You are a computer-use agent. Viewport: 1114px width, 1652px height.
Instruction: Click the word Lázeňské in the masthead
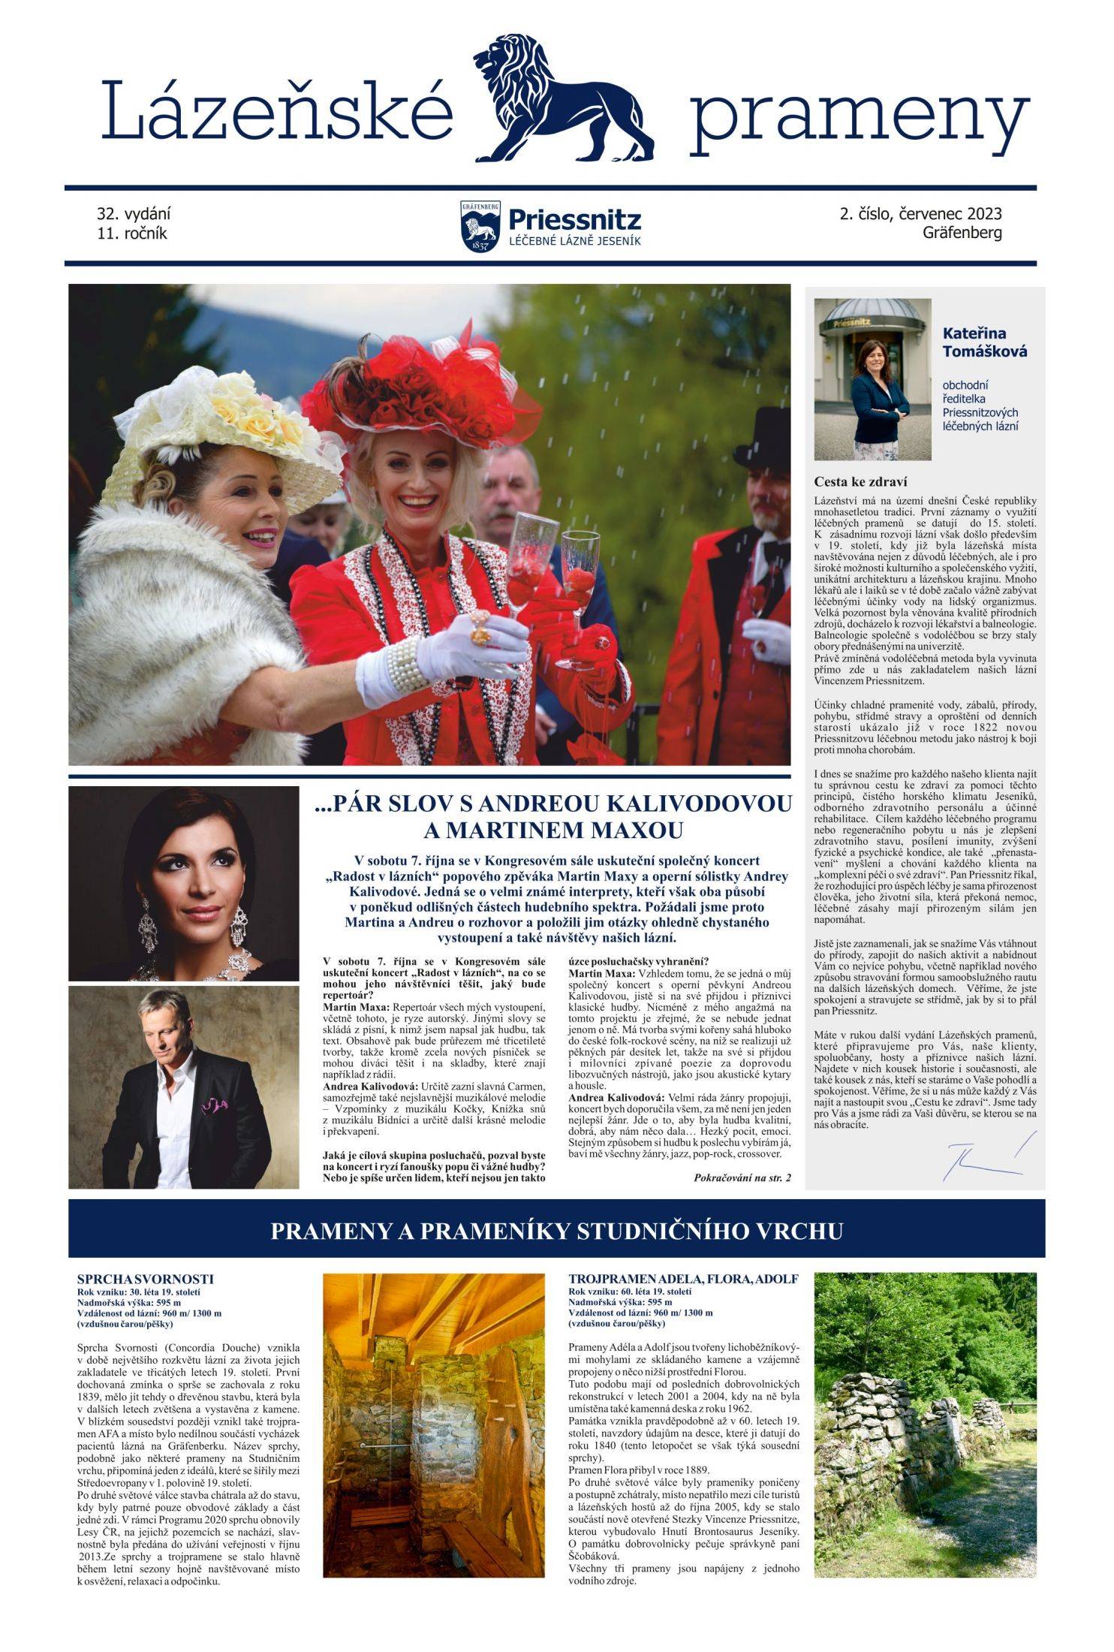point(278,111)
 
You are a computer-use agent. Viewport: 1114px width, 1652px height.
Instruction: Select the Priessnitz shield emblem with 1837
point(480,226)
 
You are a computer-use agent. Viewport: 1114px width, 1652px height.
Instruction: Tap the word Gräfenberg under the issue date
point(962,233)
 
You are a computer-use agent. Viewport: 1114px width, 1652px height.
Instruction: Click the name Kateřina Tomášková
point(984,342)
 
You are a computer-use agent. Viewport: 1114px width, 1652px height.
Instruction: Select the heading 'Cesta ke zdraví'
point(860,482)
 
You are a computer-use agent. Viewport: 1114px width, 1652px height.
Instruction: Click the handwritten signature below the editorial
point(983,1156)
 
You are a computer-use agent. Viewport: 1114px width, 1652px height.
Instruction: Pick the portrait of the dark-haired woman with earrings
point(183,883)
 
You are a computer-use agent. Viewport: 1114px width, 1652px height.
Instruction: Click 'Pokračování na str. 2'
point(742,1178)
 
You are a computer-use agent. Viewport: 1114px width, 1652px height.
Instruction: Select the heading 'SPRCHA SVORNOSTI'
point(145,1279)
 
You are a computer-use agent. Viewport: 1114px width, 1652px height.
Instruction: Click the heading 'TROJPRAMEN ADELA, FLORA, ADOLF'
point(683,1279)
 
